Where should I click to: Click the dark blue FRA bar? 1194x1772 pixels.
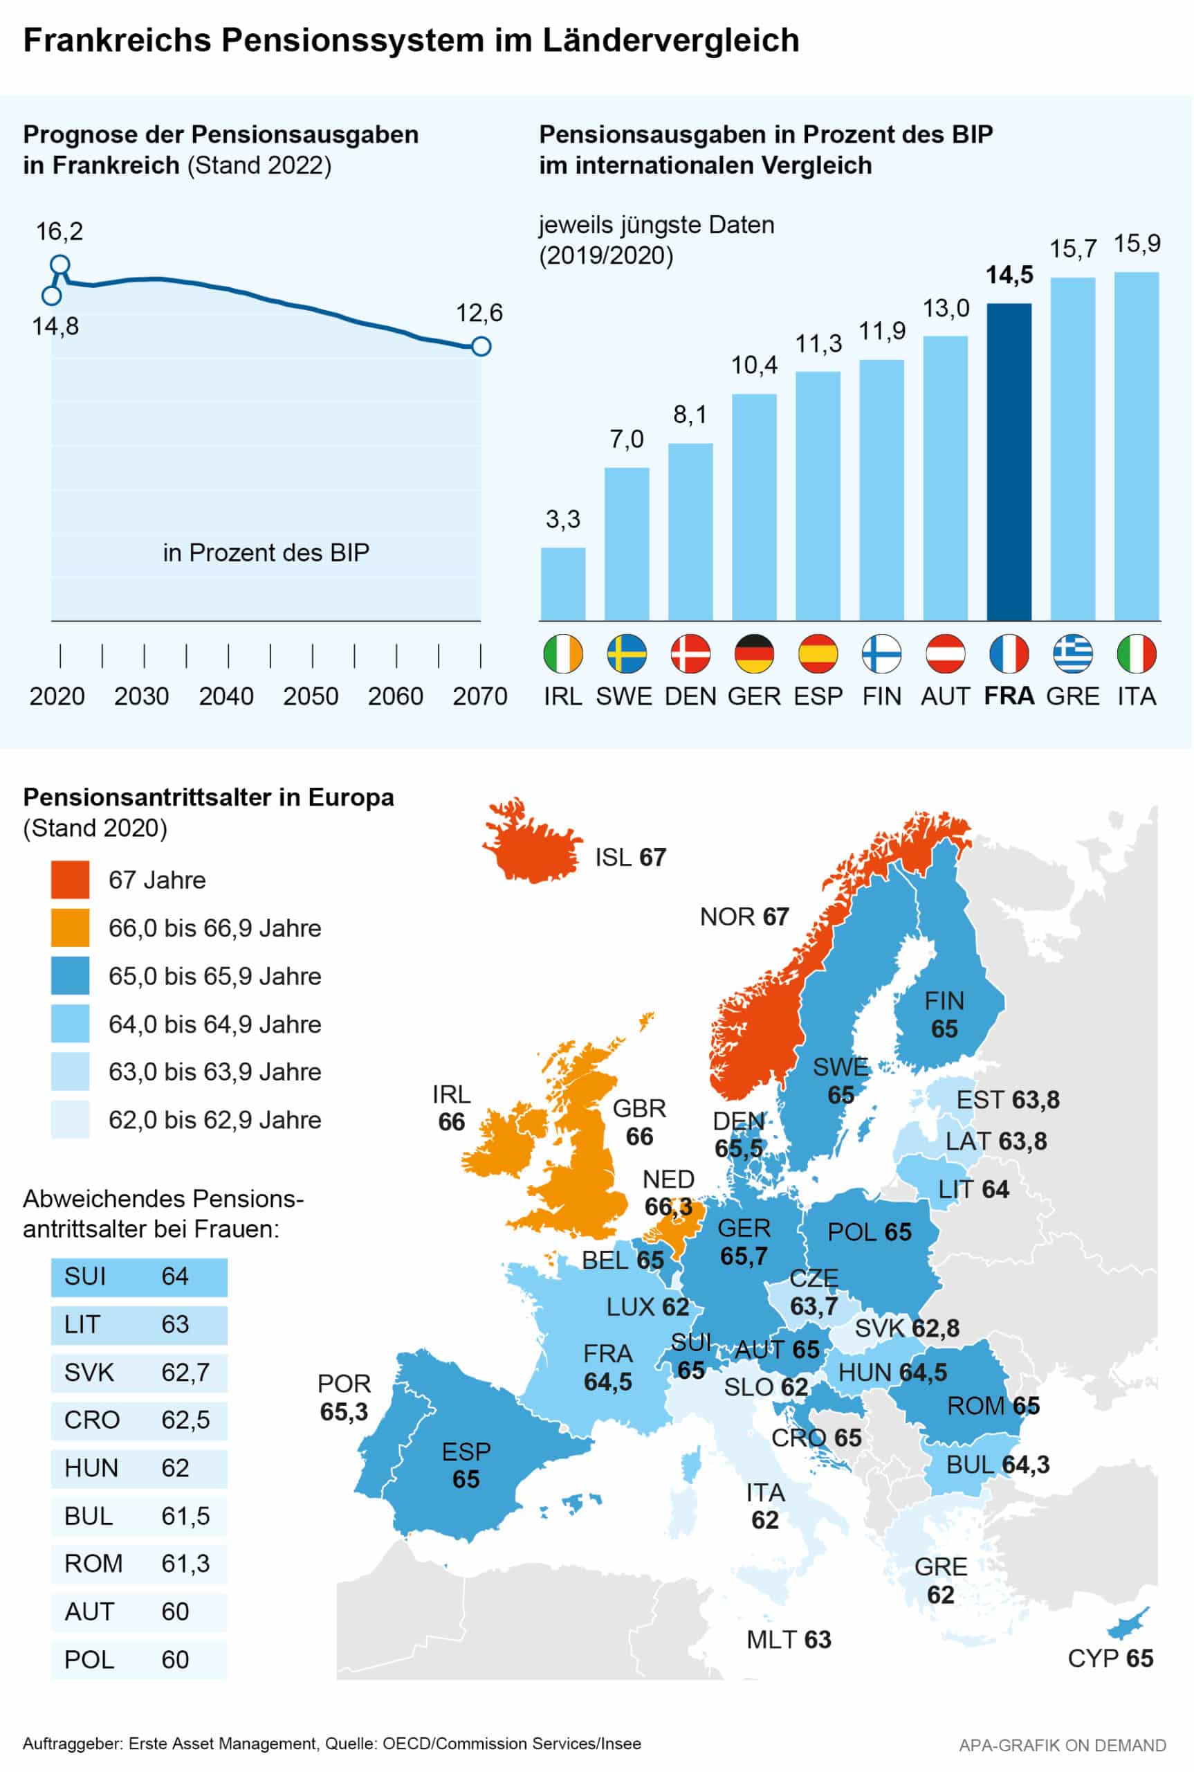pyautogui.click(x=1009, y=461)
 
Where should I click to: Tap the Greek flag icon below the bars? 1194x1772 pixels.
pyautogui.click(x=1072, y=653)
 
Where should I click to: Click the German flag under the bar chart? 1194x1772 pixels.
pyautogui.click(x=754, y=653)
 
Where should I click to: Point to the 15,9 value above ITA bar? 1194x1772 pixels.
pyautogui.click(x=1137, y=244)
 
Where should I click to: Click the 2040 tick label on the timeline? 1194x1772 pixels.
pyautogui.click(x=226, y=696)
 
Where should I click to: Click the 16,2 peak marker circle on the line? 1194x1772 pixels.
pyautogui.click(x=60, y=265)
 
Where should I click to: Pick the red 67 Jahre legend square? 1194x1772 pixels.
pyautogui.click(x=70, y=879)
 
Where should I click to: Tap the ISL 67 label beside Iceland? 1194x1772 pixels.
pyautogui.click(x=630, y=857)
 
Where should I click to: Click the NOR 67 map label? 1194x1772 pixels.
pyautogui.click(x=744, y=916)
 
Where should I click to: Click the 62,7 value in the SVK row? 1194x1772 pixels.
pyautogui.click(x=185, y=1372)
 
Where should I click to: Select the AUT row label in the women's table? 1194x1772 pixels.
pyautogui.click(x=89, y=1612)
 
